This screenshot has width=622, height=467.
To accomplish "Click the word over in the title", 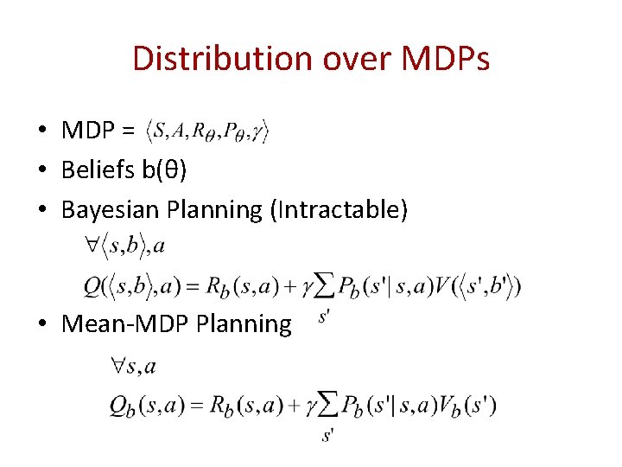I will [348, 59].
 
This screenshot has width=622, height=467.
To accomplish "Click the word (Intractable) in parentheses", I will [339, 209].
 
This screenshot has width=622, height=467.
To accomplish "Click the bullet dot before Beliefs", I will [41, 170].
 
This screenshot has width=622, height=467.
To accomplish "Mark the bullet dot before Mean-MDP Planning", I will [41, 323].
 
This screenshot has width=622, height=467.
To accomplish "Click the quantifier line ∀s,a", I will [133, 367].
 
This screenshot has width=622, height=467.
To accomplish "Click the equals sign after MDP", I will [129, 131].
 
